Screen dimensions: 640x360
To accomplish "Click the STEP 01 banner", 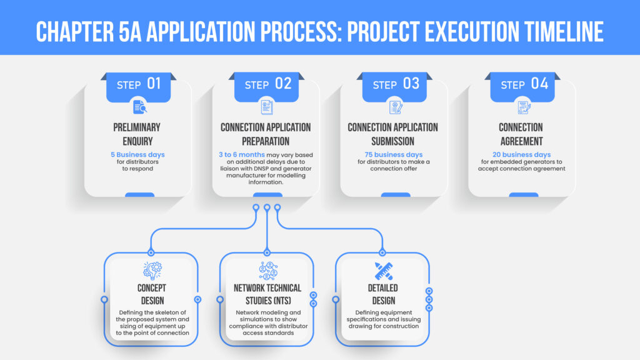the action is tap(138, 87).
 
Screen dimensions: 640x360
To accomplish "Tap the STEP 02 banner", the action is tap(266, 87).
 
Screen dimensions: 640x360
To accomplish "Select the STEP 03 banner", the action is tap(394, 87).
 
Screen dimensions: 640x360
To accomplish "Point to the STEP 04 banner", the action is tap(522, 87).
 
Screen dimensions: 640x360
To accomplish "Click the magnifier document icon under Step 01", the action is tap(139, 107).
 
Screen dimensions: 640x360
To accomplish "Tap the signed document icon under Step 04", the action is tap(524, 107).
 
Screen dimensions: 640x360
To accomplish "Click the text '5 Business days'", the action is tap(137, 155).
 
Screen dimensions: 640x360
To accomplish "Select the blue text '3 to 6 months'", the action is tap(242, 155).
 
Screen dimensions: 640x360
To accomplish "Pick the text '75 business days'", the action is tap(394, 155).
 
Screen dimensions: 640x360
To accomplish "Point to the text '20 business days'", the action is tap(522, 155).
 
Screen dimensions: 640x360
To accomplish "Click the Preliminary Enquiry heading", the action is tap(137, 134).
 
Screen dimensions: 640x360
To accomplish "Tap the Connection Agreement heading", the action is tap(521, 134).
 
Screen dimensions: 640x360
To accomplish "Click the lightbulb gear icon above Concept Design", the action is tap(152, 271).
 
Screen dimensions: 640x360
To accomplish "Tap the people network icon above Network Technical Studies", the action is tap(268, 271).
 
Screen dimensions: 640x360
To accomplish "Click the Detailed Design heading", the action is tap(383, 294).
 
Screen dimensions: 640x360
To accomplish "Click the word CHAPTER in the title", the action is tap(74, 32).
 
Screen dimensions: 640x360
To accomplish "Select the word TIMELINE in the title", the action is tap(564, 32).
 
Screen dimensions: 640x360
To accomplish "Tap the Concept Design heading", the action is tap(152, 294).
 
